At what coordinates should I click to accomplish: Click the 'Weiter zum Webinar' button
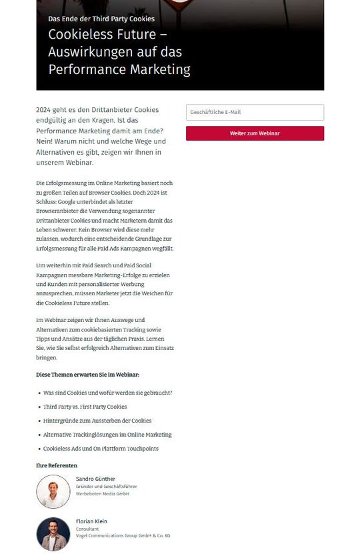(x=255, y=133)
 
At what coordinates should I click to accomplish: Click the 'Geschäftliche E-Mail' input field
(x=255, y=112)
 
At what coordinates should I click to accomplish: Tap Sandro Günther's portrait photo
(x=53, y=491)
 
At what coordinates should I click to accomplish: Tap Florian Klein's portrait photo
(x=53, y=534)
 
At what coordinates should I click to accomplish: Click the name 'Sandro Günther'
(x=95, y=479)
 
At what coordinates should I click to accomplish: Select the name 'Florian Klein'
(x=91, y=521)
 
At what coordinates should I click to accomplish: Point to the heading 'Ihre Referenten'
(x=57, y=465)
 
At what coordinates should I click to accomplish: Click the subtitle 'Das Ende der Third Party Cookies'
(x=101, y=19)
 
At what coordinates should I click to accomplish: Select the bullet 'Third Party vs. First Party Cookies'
(x=85, y=407)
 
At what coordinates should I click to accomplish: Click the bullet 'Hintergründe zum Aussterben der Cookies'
(x=97, y=421)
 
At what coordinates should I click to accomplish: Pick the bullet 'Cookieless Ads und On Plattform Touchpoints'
(x=101, y=449)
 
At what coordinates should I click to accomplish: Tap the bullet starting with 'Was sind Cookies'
(x=107, y=393)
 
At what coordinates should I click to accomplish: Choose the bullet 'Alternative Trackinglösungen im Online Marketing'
(x=107, y=435)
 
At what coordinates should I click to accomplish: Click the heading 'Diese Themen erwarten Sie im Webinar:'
(x=87, y=375)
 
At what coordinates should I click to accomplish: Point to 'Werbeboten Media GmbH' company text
(x=102, y=494)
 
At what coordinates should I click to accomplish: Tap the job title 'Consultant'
(x=87, y=529)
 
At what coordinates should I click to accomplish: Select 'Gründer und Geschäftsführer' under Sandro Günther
(x=107, y=487)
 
